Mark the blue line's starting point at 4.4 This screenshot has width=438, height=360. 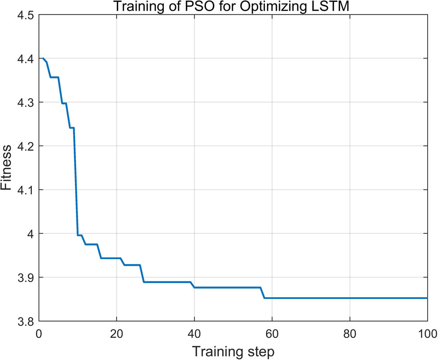[43, 59]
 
